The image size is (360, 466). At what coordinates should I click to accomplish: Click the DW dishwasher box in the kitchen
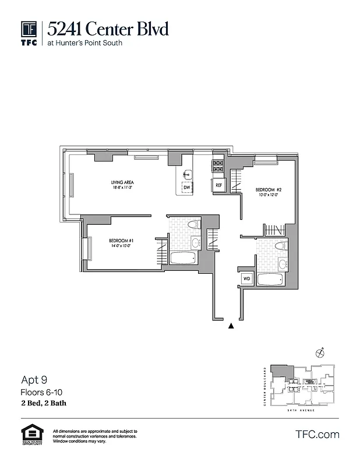pyautogui.click(x=186, y=188)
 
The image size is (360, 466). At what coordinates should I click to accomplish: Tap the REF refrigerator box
pyautogui.click(x=218, y=185)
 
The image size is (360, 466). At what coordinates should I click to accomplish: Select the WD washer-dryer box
pyautogui.click(x=246, y=278)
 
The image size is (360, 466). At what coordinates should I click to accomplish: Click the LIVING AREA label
pyautogui.click(x=122, y=185)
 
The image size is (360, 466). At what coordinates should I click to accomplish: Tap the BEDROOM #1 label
pyautogui.click(x=122, y=243)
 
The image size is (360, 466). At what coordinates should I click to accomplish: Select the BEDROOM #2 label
pyautogui.click(x=269, y=192)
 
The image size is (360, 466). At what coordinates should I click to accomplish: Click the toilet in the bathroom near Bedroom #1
pyautogui.click(x=195, y=224)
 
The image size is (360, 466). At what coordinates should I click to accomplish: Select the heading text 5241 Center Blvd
pyautogui.click(x=108, y=27)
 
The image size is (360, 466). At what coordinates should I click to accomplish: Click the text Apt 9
pyautogui.click(x=34, y=380)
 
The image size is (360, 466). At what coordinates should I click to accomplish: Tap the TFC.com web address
pyautogui.click(x=317, y=434)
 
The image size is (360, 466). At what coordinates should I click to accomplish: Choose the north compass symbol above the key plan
pyautogui.click(x=319, y=352)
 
